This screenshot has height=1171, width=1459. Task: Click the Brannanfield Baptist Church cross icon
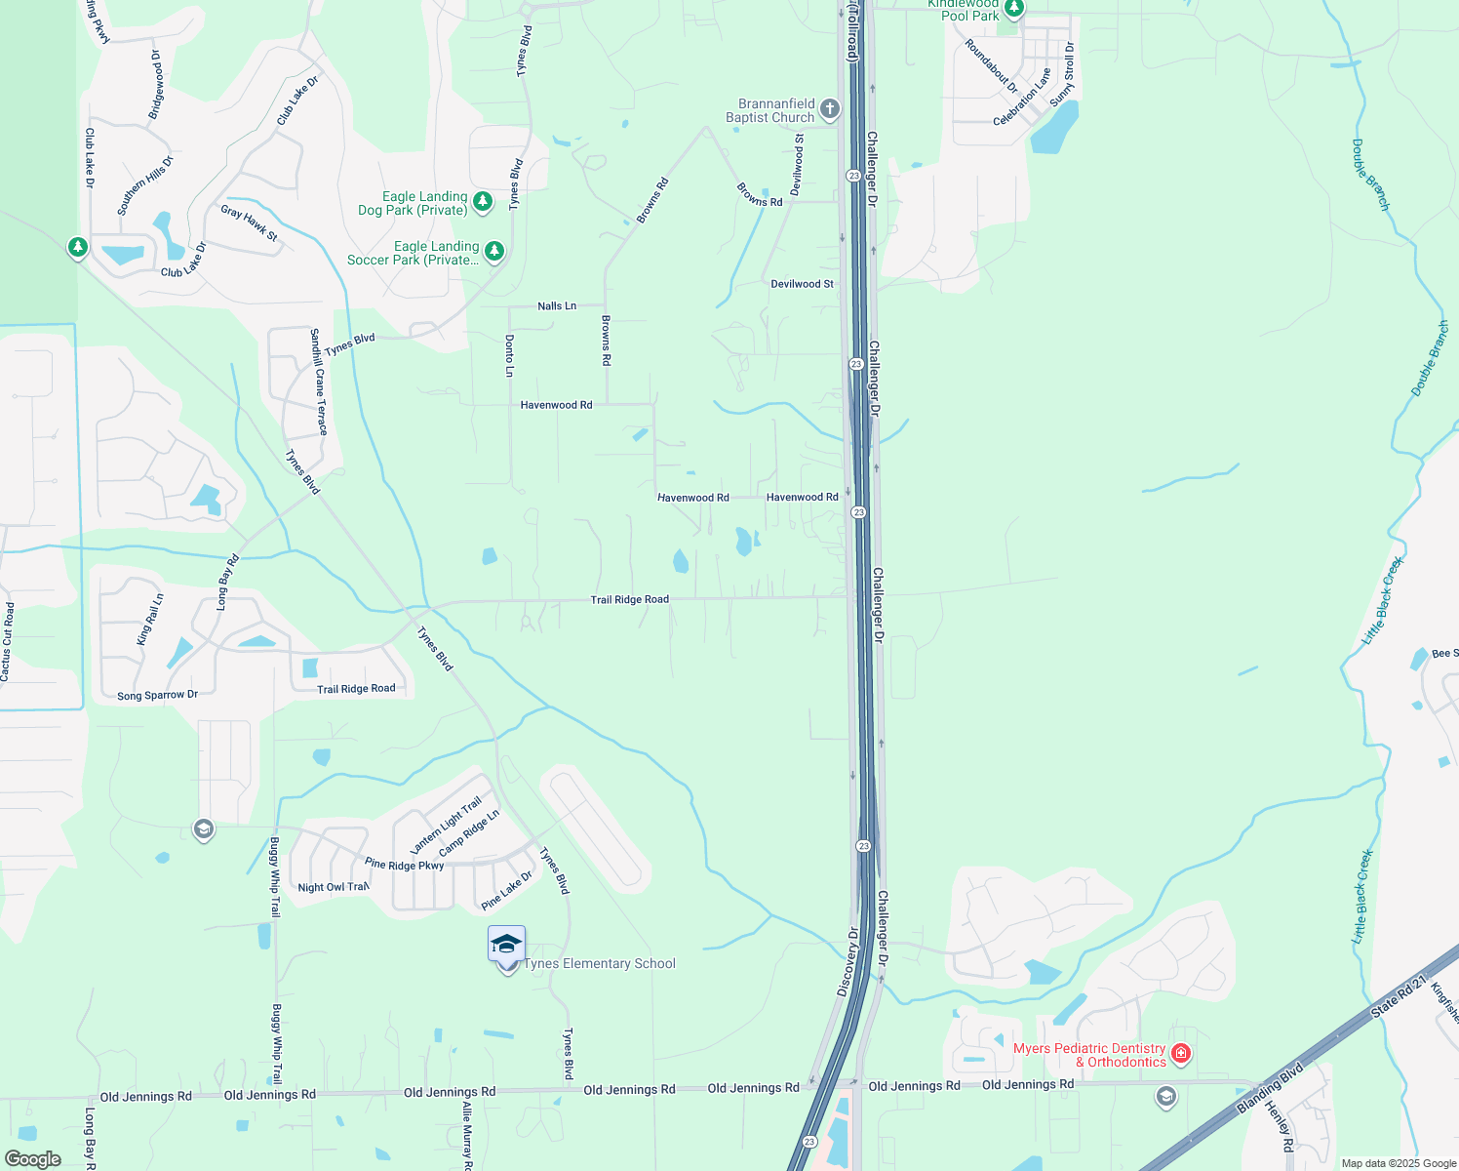click(x=830, y=108)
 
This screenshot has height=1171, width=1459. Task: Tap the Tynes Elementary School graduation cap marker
click(x=506, y=945)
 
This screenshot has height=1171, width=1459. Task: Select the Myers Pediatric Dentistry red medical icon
click(x=1181, y=1053)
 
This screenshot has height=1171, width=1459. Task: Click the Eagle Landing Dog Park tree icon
click(x=483, y=201)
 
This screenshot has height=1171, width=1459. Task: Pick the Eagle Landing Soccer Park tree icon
click(x=494, y=251)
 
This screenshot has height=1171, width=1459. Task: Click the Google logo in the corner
click(x=32, y=1159)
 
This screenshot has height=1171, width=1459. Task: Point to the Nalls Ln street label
click(x=557, y=306)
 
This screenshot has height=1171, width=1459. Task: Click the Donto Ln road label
click(x=509, y=355)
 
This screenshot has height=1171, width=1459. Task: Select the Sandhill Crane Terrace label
click(x=319, y=382)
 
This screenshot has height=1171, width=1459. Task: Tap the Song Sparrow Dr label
click(x=157, y=696)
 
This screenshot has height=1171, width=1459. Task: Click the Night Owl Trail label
click(x=334, y=887)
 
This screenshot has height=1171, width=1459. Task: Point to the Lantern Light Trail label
click(x=446, y=825)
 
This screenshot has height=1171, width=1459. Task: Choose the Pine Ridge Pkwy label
click(x=404, y=865)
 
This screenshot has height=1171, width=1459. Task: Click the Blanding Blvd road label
click(x=1270, y=1089)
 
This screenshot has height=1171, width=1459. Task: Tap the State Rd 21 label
click(x=1399, y=996)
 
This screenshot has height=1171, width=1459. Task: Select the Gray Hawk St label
click(x=249, y=223)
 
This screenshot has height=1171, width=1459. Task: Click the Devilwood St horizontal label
click(x=802, y=284)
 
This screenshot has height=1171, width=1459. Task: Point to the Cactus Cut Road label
click(x=8, y=641)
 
